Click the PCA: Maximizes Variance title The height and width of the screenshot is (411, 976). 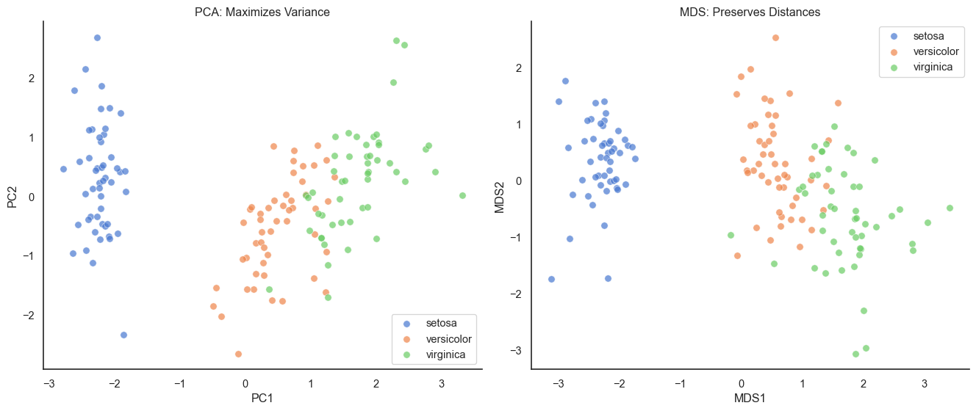(x=262, y=12)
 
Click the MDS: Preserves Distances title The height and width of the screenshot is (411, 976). (x=750, y=12)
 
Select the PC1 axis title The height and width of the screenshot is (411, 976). (x=262, y=399)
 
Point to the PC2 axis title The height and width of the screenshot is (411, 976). (x=12, y=196)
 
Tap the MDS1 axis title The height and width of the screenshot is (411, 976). (x=750, y=399)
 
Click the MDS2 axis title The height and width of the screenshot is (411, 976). (x=500, y=196)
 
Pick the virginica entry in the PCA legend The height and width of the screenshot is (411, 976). (x=448, y=355)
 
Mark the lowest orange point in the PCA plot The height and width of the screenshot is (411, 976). (x=238, y=354)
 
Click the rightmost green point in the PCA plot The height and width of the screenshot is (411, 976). (x=462, y=195)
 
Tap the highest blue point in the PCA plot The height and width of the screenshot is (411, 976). (x=97, y=37)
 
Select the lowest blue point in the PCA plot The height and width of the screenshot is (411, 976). (x=123, y=335)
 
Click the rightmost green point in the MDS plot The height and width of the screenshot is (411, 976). (x=950, y=208)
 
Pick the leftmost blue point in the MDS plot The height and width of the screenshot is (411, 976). (x=551, y=279)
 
